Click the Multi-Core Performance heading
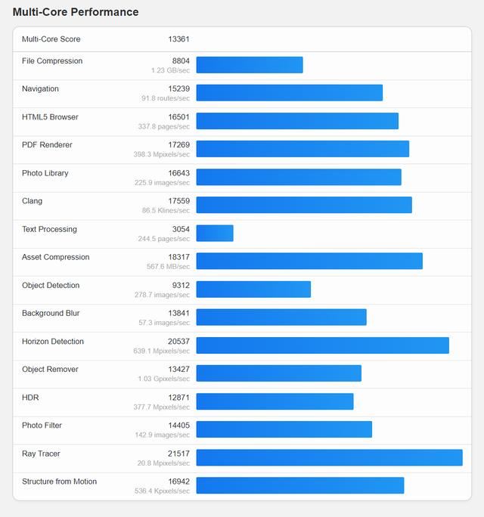point(76,12)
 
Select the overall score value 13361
point(178,39)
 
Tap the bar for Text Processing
point(215,234)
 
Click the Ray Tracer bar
point(329,457)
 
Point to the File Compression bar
point(250,65)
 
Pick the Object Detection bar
point(253,289)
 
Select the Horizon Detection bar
point(322,345)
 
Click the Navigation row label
point(40,89)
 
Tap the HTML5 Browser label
point(50,117)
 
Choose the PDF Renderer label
point(47,145)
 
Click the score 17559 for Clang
point(178,201)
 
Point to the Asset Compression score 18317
point(178,257)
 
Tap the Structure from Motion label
point(59,481)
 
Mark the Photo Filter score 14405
point(178,426)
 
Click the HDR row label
point(30,398)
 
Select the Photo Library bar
point(299,178)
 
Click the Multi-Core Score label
point(51,39)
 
